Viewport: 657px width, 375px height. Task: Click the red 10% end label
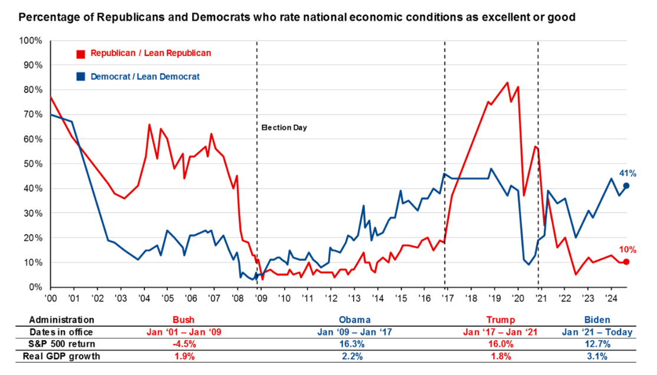point(626,250)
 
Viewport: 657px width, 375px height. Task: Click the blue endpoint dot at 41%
point(626,186)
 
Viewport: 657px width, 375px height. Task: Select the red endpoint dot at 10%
point(626,262)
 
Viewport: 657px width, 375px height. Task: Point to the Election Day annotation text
point(284,127)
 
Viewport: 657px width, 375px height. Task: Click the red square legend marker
point(81,54)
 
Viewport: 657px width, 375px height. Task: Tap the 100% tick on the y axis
point(31,41)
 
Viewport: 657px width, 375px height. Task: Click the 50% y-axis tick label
point(32,164)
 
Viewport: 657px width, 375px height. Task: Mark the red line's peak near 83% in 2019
point(507,82)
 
